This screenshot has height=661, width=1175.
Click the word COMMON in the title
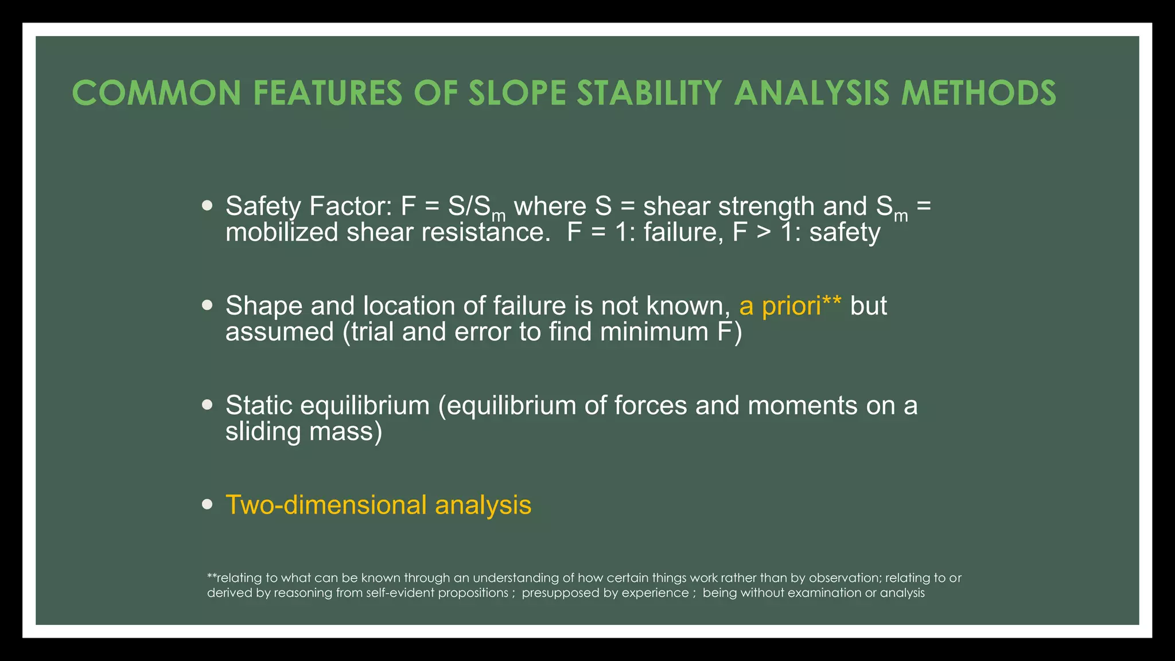tap(157, 93)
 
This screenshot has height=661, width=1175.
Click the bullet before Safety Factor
tap(208, 205)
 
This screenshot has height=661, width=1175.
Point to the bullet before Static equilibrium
tap(208, 405)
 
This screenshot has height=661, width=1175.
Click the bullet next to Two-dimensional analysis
tap(208, 504)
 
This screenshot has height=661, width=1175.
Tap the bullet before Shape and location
tap(208, 305)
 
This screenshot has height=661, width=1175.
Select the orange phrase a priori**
tap(790, 306)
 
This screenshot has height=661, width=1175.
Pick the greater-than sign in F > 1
tap(763, 232)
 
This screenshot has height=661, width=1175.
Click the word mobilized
tap(282, 232)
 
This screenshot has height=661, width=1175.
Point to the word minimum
tap(654, 332)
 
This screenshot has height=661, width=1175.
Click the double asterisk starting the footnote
tap(212, 577)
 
